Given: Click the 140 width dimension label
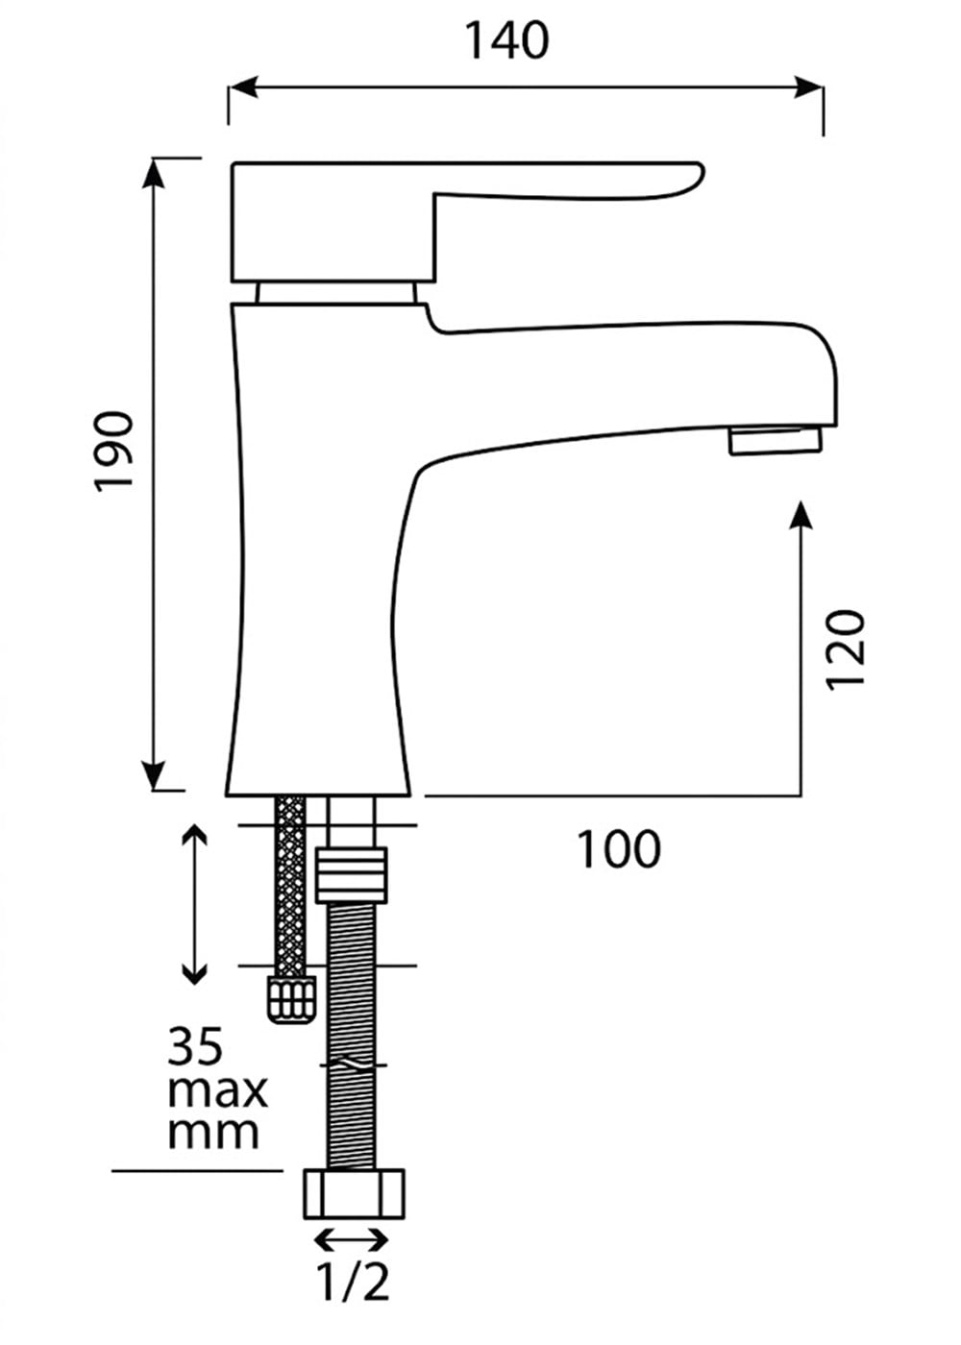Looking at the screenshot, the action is [507, 40].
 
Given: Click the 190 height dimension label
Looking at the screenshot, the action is [113, 451].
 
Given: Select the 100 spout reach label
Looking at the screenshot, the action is [619, 849].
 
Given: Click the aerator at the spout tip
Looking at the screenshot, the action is [775, 441].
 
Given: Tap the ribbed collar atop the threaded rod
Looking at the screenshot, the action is [352, 874].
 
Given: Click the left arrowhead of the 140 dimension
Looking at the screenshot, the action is [243, 87].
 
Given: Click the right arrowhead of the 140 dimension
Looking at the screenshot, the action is [808, 87].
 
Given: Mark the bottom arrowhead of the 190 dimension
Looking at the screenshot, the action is [154, 774].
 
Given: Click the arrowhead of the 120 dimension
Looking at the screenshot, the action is [801, 515].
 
